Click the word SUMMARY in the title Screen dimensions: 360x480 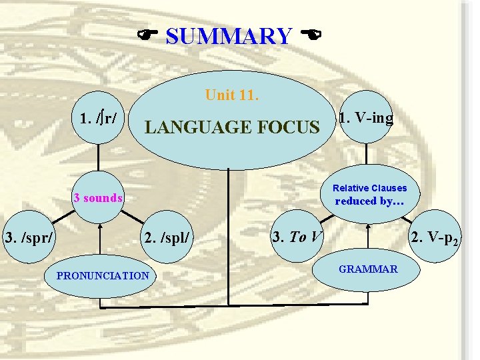point(228,36)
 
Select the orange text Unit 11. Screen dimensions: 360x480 point(231,95)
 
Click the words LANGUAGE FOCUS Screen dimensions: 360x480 point(232,126)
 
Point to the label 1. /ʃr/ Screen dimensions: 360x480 point(99,119)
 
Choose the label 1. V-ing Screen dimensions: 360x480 point(366,119)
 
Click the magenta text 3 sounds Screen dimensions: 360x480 point(98,197)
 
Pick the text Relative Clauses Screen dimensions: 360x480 point(369,188)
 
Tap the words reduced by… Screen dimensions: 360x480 point(369,201)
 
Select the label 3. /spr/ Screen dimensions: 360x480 point(29,236)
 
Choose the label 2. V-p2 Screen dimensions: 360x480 point(434,237)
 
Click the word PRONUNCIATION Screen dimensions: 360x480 point(103,275)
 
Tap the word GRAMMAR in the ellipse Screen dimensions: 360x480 point(368,269)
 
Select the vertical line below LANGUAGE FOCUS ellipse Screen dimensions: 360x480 point(228,233)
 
